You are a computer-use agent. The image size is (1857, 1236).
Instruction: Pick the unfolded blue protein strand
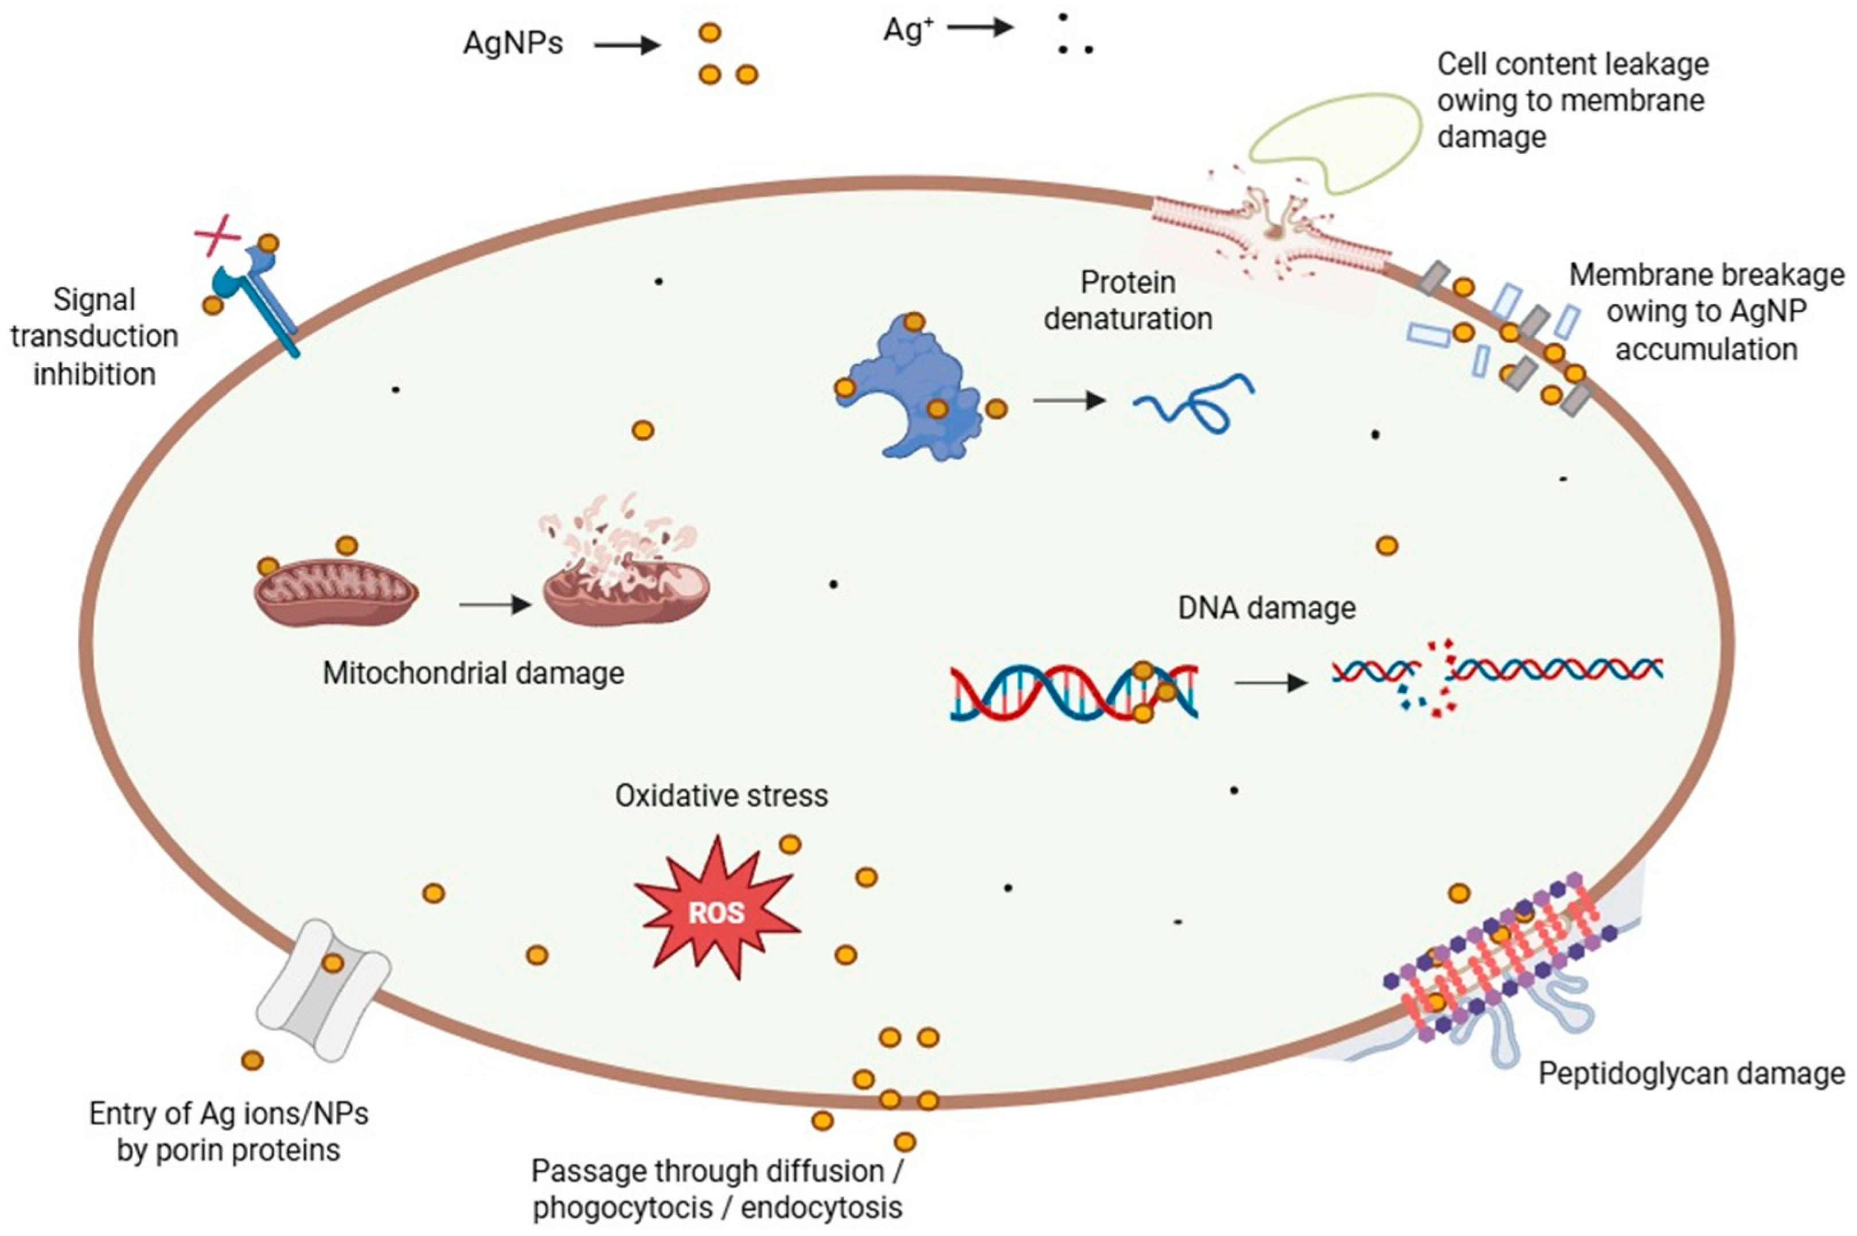pos(1193,403)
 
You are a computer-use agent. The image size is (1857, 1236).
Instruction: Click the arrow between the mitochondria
pos(495,605)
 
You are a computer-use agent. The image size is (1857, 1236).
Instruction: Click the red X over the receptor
pos(217,235)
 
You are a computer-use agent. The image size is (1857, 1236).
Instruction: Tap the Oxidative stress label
pos(721,796)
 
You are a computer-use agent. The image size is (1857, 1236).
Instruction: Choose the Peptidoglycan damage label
pos(1691,1074)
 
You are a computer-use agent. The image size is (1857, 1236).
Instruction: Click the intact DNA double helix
pos(1073,693)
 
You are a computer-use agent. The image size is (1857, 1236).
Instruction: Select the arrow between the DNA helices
pos(1270,683)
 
